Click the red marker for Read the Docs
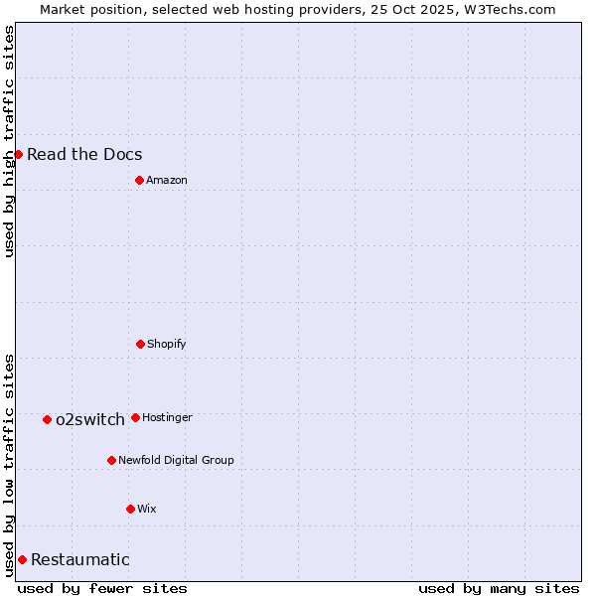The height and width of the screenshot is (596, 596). [18, 154]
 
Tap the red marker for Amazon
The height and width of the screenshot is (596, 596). [139, 180]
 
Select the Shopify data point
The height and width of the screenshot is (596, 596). [140, 344]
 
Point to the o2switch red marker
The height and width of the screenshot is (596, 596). [47, 419]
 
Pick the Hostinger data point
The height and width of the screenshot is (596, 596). [135, 417]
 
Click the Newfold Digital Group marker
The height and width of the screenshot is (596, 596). [111, 460]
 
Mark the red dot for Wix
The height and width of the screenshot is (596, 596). [130, 509]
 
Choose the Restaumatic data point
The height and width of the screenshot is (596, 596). [22, 559]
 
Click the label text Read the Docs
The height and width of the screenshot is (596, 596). [84, 154]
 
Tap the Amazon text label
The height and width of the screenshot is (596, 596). [167, 180]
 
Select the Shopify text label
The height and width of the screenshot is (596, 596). [167, 344]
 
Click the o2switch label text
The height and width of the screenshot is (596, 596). [90, 419]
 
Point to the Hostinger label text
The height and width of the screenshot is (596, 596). [167, 417]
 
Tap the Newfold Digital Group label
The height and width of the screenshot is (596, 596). [176, 460]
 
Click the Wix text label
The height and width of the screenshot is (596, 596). [147, 509]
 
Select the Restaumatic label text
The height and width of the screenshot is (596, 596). [80, 559]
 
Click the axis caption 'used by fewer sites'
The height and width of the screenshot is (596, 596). [102, 588]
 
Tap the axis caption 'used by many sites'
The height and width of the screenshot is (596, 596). [499, 588]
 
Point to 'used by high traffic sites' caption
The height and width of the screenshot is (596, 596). [9, 141]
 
